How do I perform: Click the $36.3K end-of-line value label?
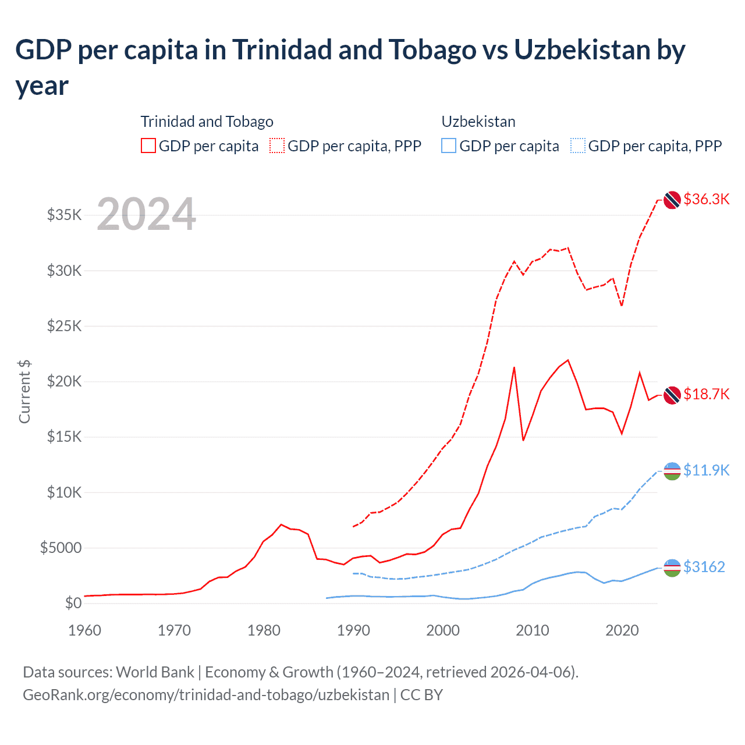pos(706,199)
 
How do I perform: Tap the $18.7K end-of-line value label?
pos(706,394)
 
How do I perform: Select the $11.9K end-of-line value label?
pos(706,470)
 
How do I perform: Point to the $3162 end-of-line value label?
pos(704,567)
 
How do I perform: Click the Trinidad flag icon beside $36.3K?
pos(672,200)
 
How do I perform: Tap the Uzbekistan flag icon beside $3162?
pos(672,567)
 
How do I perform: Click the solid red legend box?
pos(148,146)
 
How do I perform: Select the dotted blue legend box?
pos(578,146)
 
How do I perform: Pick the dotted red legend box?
pos(277,146)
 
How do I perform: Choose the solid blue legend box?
pos(449,146)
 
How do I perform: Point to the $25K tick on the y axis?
pos(64,326)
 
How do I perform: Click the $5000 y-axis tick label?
pos(61,548)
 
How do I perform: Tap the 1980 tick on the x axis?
pos(264,630)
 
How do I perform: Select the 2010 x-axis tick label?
pos(533,630)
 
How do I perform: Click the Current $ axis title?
pos(24,391)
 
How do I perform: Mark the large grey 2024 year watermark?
pos(146,214)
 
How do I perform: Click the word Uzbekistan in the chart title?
pos(582,50)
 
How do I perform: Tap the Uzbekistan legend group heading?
pos(478,122)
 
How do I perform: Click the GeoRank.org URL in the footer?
pos(206,695)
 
